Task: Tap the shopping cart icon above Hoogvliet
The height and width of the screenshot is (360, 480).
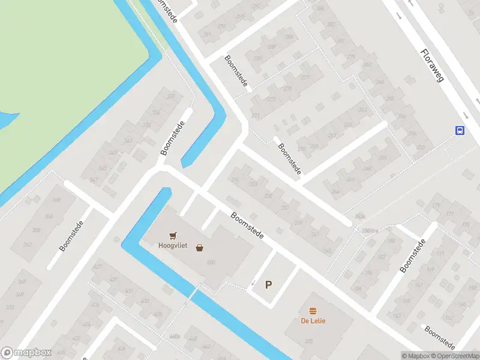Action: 174,236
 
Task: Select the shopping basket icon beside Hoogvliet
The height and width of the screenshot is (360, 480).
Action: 199,247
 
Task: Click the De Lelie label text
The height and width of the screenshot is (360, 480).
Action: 313,320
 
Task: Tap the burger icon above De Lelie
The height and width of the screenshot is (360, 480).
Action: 313,311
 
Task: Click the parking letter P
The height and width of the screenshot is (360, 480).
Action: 268,285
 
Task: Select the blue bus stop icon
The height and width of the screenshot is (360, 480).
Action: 460,131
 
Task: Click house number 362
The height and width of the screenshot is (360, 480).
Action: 28,245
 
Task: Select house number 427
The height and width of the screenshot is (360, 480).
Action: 98,266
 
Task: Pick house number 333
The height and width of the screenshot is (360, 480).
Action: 172,97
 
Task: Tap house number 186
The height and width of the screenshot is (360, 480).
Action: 358,288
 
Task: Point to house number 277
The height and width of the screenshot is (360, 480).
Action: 305,79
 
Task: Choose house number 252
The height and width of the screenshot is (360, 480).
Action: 420,148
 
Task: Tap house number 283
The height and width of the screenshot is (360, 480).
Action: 330,25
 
